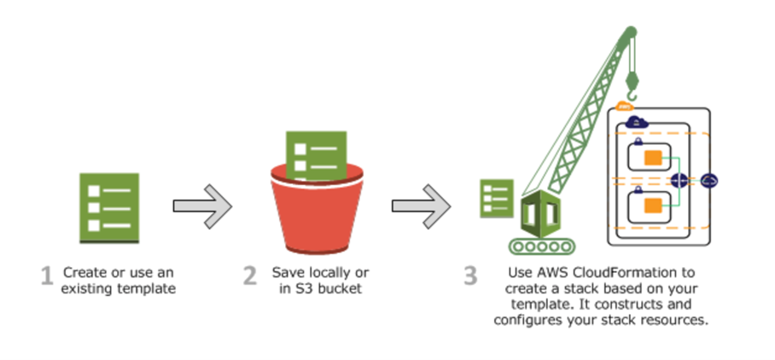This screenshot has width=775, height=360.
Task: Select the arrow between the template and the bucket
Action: [x=202, y=206]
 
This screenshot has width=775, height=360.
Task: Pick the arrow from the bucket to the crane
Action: [x=421, y=206]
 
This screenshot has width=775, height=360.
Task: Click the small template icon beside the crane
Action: [x=496, y=197]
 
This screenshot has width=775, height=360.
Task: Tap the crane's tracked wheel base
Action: [x=540, y=247]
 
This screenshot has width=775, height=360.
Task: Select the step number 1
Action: [x=48, y=276]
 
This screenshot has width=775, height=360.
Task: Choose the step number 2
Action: [x=249, y=276]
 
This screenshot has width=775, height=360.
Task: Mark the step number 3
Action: [x=470, y=276]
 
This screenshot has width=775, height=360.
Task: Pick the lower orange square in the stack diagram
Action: [x=653, y=205]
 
